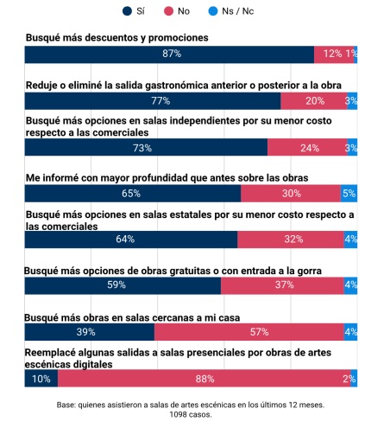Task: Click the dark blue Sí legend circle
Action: click(129, 11)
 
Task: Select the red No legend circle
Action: click(171, 11)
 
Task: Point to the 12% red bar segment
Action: click(331, 54)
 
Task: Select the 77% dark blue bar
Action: click(153, 101)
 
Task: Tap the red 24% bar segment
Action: click(306, 148)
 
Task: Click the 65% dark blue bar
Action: click(132, 194)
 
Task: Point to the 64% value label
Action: click(130, 240)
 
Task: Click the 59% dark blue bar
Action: click(123, 285)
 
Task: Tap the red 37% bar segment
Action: click(282, 285)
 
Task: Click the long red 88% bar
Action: click(204, 378)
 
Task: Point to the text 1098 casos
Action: click(191, 414)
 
